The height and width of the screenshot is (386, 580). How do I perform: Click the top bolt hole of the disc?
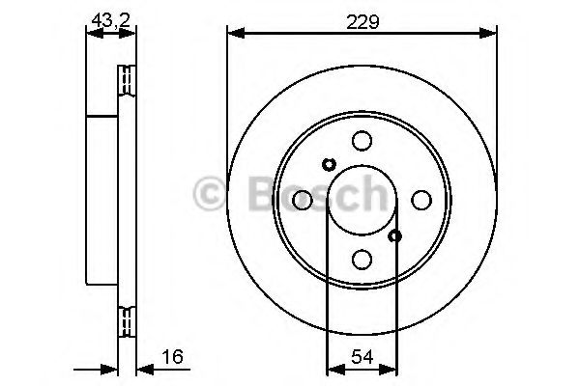[x=362, y=141]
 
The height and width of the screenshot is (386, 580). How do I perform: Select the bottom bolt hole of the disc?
[x=362, y=259]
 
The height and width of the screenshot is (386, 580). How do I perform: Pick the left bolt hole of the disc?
[x=303, y=200]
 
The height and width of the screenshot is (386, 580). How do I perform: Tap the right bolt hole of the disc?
[x=421, y=200]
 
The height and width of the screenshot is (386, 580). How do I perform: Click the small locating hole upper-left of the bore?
[x=328, y=164]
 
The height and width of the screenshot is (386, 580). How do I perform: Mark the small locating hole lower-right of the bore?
[x=394, y=234]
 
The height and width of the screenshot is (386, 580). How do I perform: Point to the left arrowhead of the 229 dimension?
[x=233, y=35]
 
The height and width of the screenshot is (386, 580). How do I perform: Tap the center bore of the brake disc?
[x=362, y=200]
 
